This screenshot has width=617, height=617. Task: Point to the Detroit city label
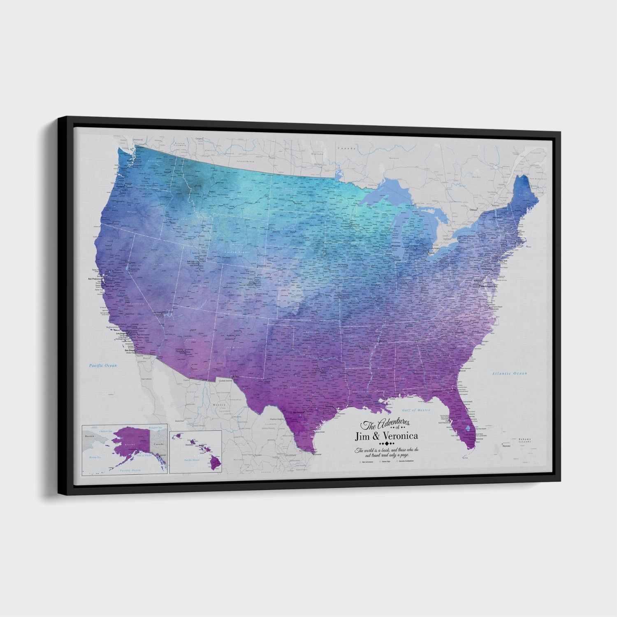435,249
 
